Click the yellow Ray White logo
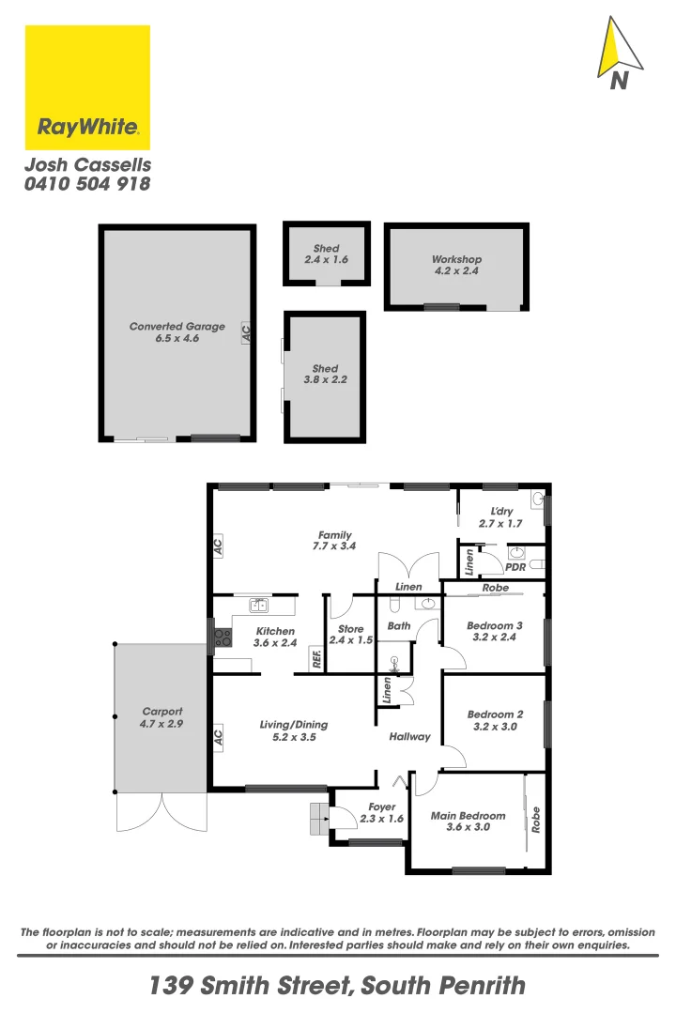tap(87, 87)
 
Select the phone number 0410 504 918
tap(87, 185)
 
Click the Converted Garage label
tap(177, 332)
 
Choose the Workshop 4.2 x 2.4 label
tap(456, 265)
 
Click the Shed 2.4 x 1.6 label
tap(327, 254)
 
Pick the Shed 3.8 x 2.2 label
tap(325, 375)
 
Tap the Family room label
tap(334, 540)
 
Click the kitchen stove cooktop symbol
tap(223, 637)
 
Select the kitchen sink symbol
tap(258, 606)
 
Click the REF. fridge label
tap(317, 661)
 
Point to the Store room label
tap(350, 635)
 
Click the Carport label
tap(162, 717)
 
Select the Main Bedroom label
tap(468, 822)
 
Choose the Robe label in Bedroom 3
tap(495, 588)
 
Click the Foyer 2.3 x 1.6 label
tap(382, 812)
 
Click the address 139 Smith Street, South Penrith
tap(338, 986)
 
